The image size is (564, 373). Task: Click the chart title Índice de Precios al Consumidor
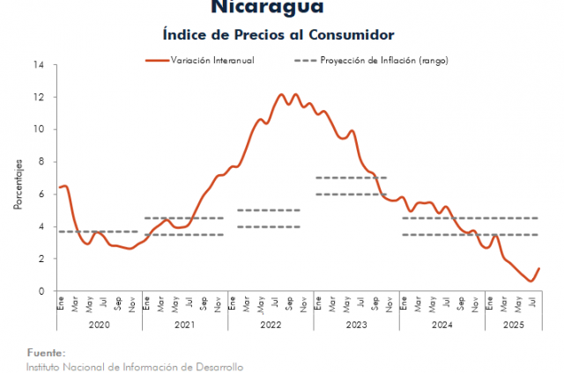click(278, 34)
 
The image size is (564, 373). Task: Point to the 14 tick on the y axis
click(39, 64)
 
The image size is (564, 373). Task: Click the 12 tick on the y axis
click(39, 97)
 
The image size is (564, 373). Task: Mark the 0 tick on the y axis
click(41, 291)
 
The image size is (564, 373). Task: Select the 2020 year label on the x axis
click(99, 323)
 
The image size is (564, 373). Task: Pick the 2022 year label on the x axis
click(270, 323)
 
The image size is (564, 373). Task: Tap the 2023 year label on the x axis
click(356, 323)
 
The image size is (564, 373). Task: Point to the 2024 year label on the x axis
click(442, 323)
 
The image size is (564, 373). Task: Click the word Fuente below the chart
click(45, 352)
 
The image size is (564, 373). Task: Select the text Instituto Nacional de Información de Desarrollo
click(134, 366)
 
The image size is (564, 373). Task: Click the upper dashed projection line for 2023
click(351, 178)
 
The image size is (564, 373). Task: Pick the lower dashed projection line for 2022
click(269, 227)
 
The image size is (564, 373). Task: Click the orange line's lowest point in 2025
click(531, 282)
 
